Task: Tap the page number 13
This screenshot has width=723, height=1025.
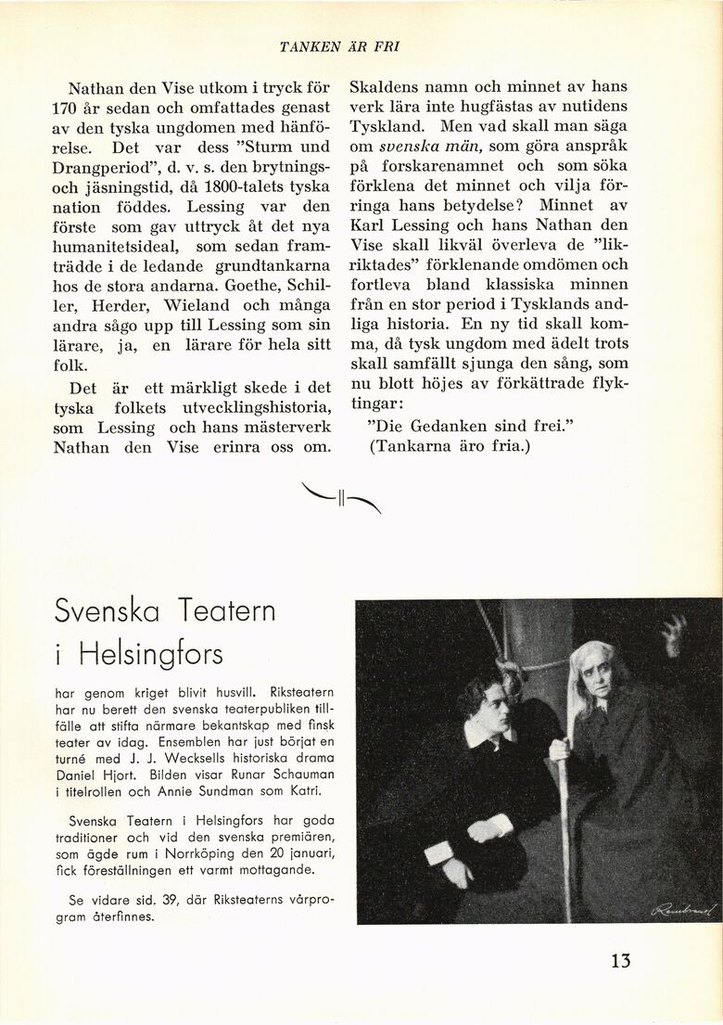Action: (x=620, y=960)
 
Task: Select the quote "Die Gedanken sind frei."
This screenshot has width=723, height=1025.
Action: (x=471, y=424)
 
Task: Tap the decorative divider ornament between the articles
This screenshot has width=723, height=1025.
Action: (x=341, y=499)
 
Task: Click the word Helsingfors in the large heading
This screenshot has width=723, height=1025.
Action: (x=151, y=654)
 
